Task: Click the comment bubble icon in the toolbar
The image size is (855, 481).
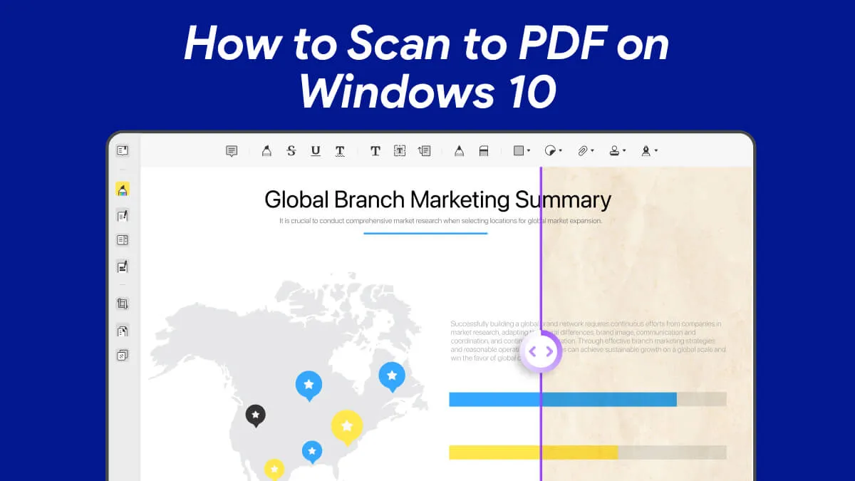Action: pos(232,151)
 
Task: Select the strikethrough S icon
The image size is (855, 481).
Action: pos(291,150)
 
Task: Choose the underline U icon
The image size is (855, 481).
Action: pos(316,150)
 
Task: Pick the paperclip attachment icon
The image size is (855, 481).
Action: pos(583,150)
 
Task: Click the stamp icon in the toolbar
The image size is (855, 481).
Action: pos(614,150)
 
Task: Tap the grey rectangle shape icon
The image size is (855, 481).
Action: pos(519,150)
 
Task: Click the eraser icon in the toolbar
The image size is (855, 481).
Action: pos(484,150)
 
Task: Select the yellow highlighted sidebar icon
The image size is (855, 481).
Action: pos(123,190)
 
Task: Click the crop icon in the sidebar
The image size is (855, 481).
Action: pos(123,304)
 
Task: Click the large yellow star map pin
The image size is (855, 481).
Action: pos(347,426)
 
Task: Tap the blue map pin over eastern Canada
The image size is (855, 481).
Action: pos(391,375)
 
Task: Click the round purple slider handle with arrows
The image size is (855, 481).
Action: pos(541,351)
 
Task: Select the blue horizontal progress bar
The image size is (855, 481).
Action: pos(563,399)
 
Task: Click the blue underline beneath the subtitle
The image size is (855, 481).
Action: pos(425,233)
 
